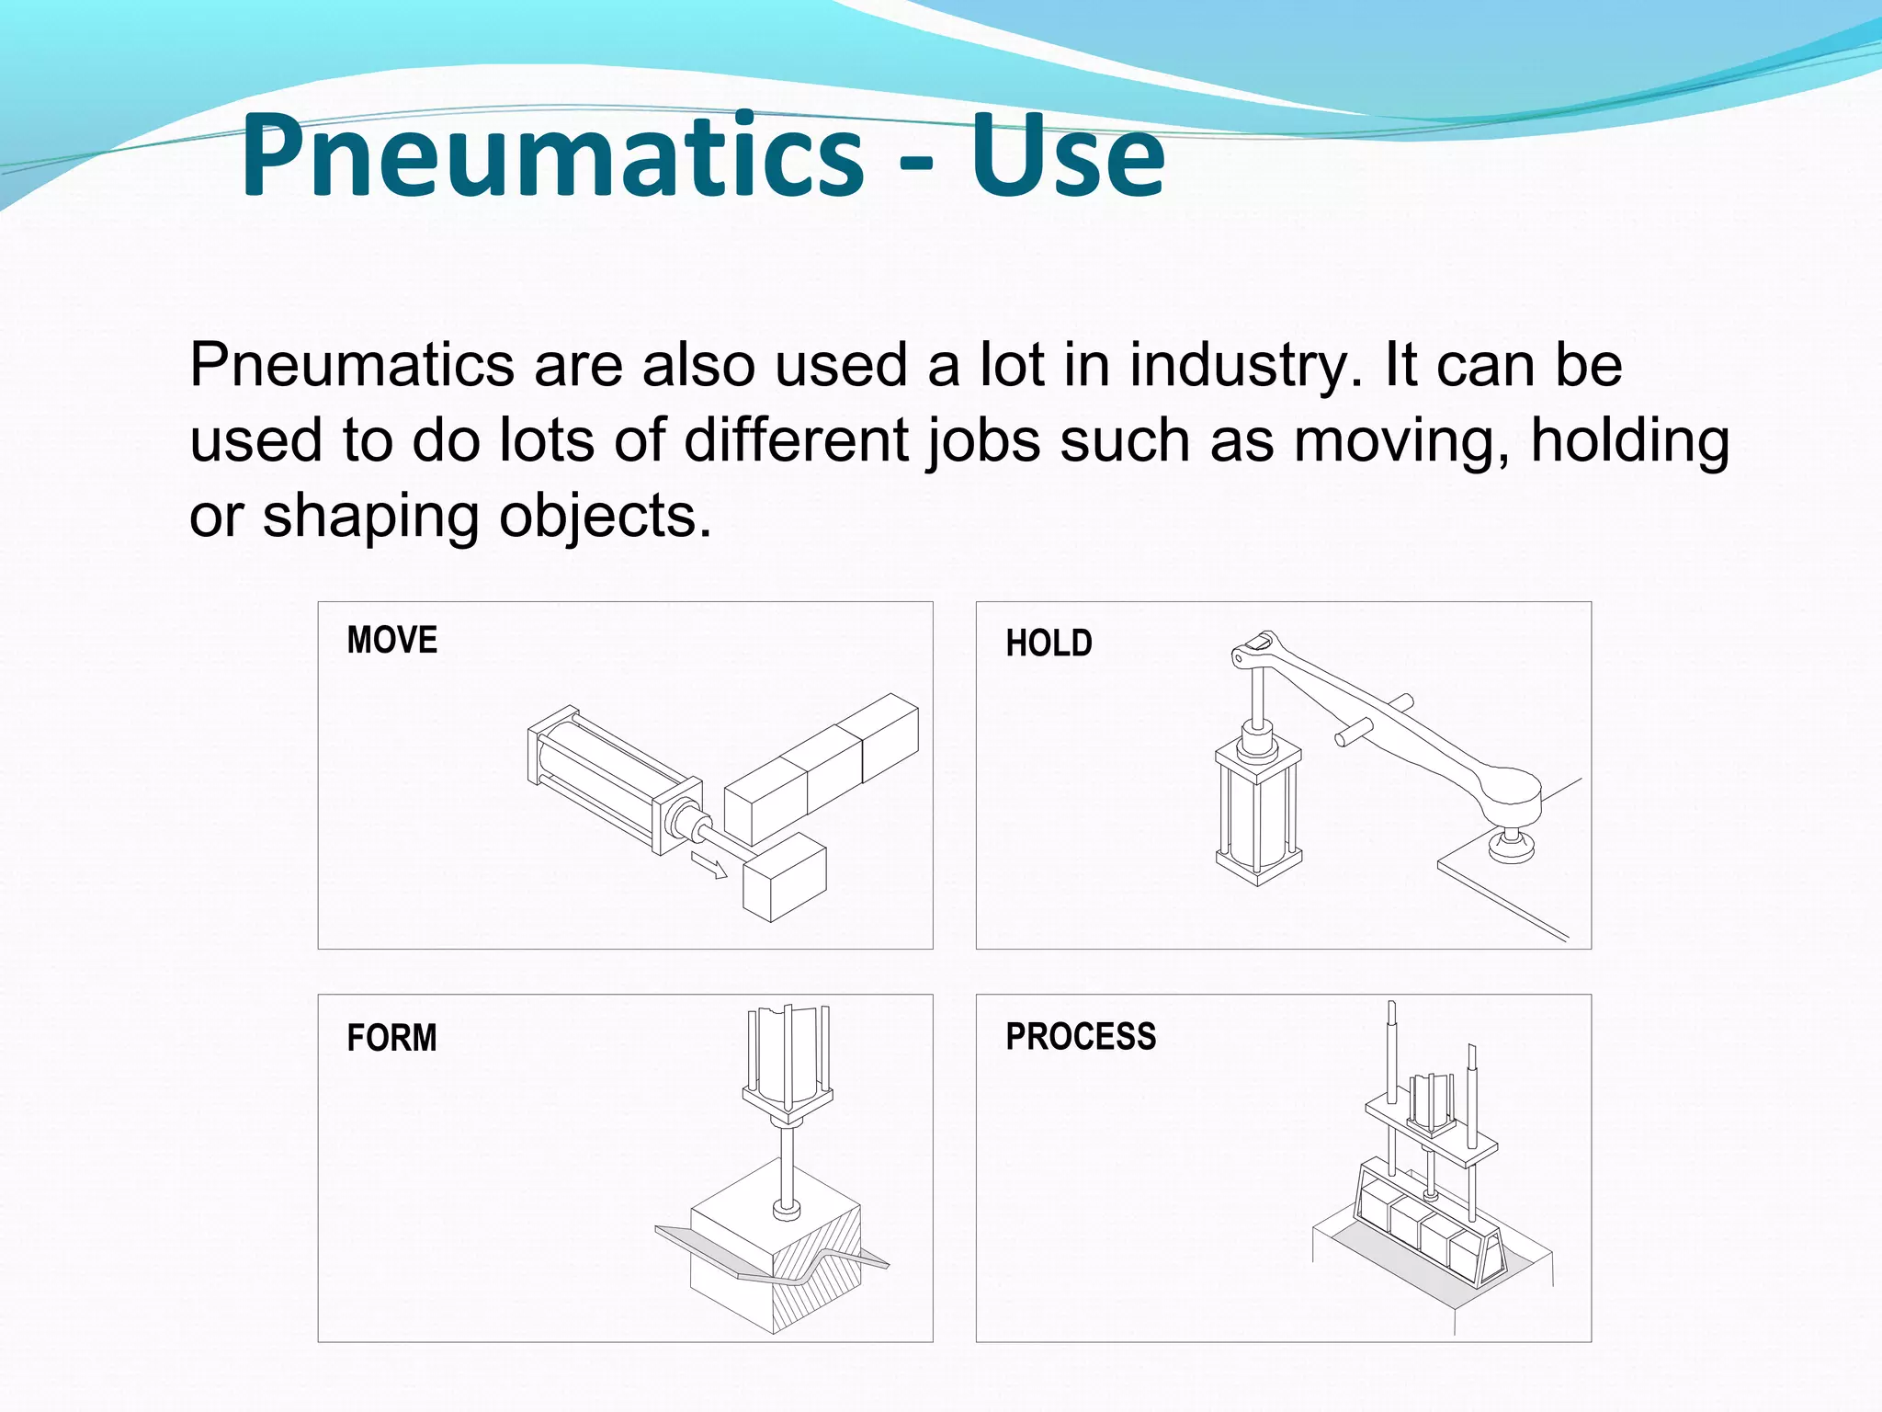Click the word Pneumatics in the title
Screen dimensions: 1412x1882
[551, 156]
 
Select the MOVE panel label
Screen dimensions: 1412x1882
[392, 640]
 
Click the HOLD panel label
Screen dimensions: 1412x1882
[1049, 643]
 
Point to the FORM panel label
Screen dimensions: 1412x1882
[391, 1038]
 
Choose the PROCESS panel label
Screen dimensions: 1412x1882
[1081, 1037]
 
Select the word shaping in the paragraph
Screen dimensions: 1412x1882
[371, 517]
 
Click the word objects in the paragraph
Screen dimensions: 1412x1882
[606, 517]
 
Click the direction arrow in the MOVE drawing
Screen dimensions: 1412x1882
[709, 865]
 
